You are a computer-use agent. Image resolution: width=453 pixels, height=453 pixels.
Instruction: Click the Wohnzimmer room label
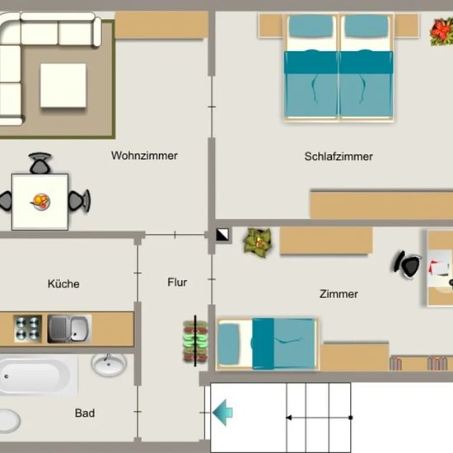pos(144,156)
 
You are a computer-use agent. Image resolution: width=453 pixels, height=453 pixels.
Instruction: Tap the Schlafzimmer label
pos(339,156)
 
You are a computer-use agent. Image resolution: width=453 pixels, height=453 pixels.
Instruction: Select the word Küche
pos(63,283)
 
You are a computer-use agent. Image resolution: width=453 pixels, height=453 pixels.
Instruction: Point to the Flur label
pos(177,282)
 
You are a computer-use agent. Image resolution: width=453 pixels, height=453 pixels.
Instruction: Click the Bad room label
pos(85,413)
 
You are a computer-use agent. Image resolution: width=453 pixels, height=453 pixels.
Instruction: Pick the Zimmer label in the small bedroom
pos(339,294)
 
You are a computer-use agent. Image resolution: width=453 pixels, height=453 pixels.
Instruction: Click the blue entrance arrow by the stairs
pos(222,413)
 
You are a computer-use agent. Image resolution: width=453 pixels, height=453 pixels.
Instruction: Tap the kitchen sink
pos(70,329)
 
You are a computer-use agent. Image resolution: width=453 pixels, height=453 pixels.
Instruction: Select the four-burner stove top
pos(28,329)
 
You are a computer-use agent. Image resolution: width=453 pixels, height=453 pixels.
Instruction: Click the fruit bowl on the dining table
pos(41,202)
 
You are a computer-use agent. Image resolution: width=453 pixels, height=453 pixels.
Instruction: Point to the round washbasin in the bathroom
pos(109,365)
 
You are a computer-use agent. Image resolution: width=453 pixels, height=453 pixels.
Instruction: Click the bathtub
pos(38,375)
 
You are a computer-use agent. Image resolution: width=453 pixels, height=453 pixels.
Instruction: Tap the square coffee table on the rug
pos(63,86)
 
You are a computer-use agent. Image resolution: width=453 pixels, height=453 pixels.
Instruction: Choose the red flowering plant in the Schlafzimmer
pos(441,31)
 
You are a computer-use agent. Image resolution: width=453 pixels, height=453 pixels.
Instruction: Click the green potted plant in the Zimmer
pos(258,241)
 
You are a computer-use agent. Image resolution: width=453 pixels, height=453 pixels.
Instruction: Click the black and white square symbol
pos(222,235)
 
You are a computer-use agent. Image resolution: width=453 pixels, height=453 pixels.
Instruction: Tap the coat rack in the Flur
pos(195,341)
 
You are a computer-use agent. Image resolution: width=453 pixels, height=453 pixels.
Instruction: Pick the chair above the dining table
pos(40,163)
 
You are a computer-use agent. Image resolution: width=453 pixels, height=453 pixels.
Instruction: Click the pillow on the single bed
pos(230,343)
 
